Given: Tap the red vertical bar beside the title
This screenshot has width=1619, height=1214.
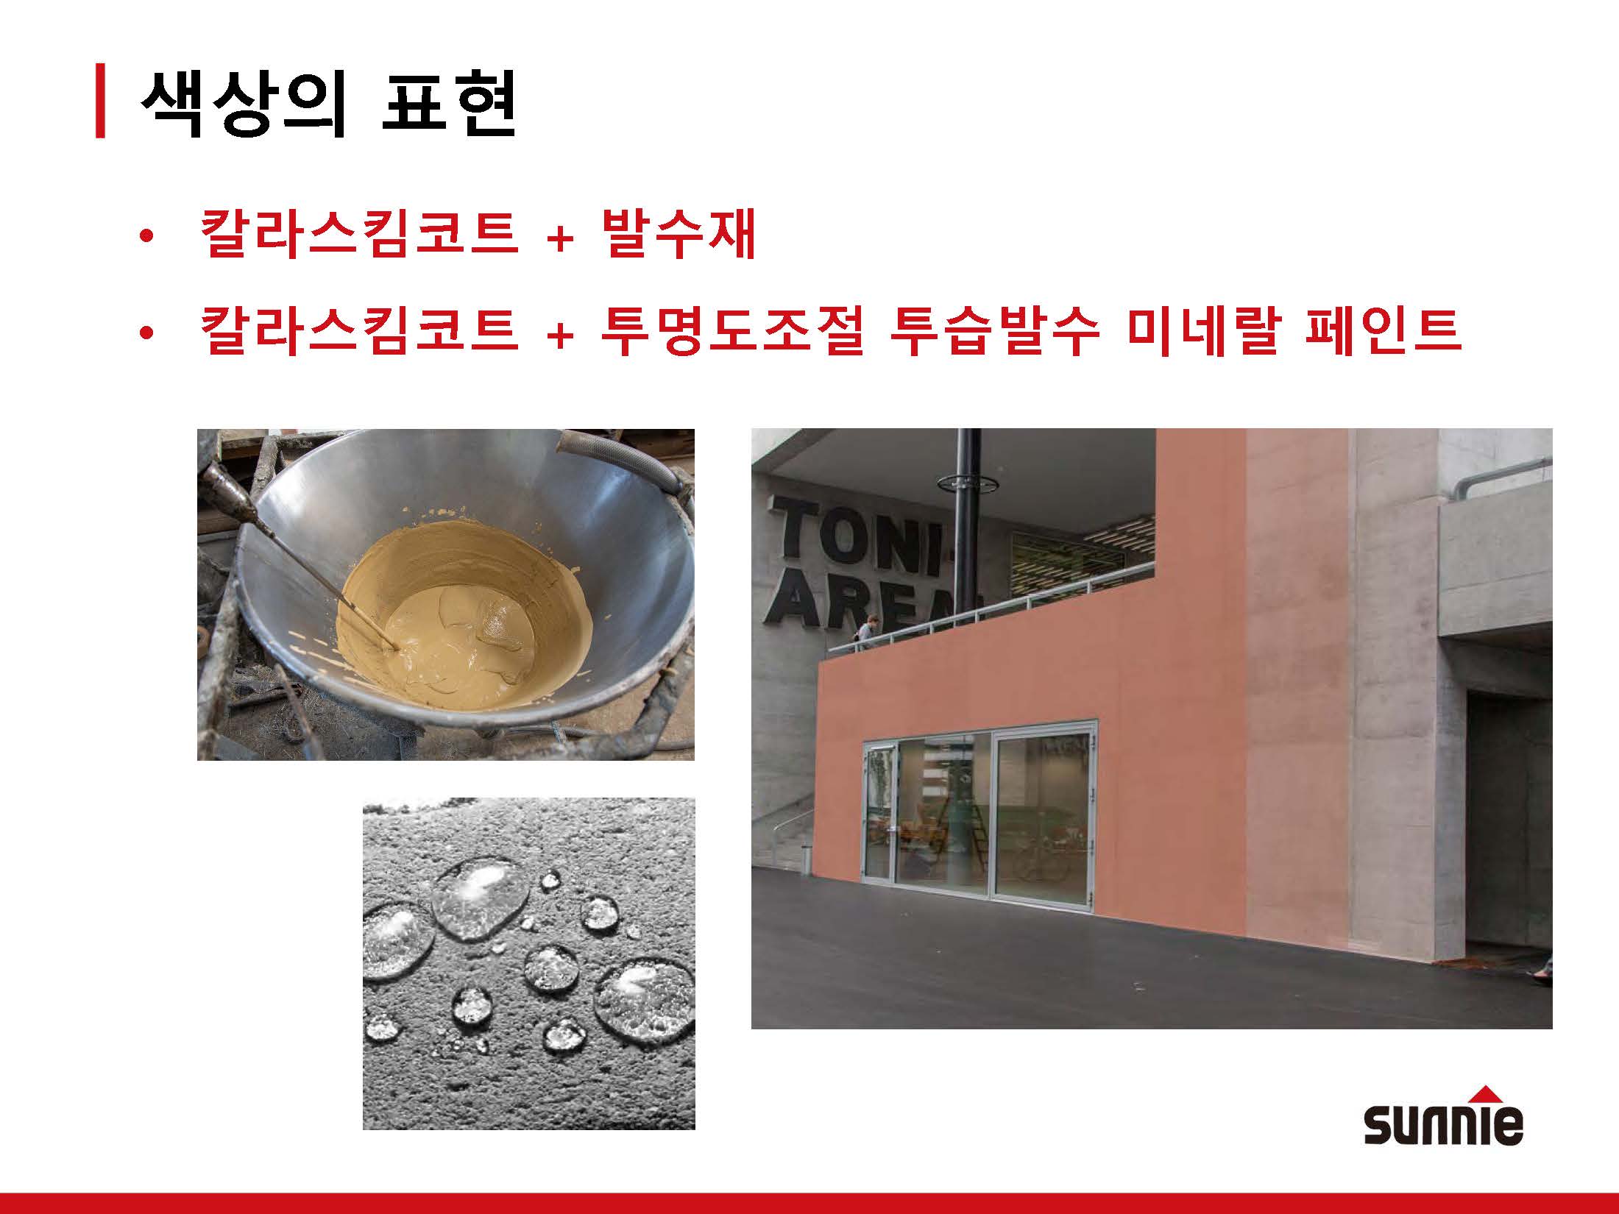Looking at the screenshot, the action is pyautogui.click(x=100, y=102).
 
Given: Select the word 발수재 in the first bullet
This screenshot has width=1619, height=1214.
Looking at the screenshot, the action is pyautogui.click(x=679, y=234).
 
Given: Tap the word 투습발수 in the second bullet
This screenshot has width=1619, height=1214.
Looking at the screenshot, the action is pyautogui.click(x=993, y=331).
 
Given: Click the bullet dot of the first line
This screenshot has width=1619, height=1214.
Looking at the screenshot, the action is pyautogui.click(x=146, y=237).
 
